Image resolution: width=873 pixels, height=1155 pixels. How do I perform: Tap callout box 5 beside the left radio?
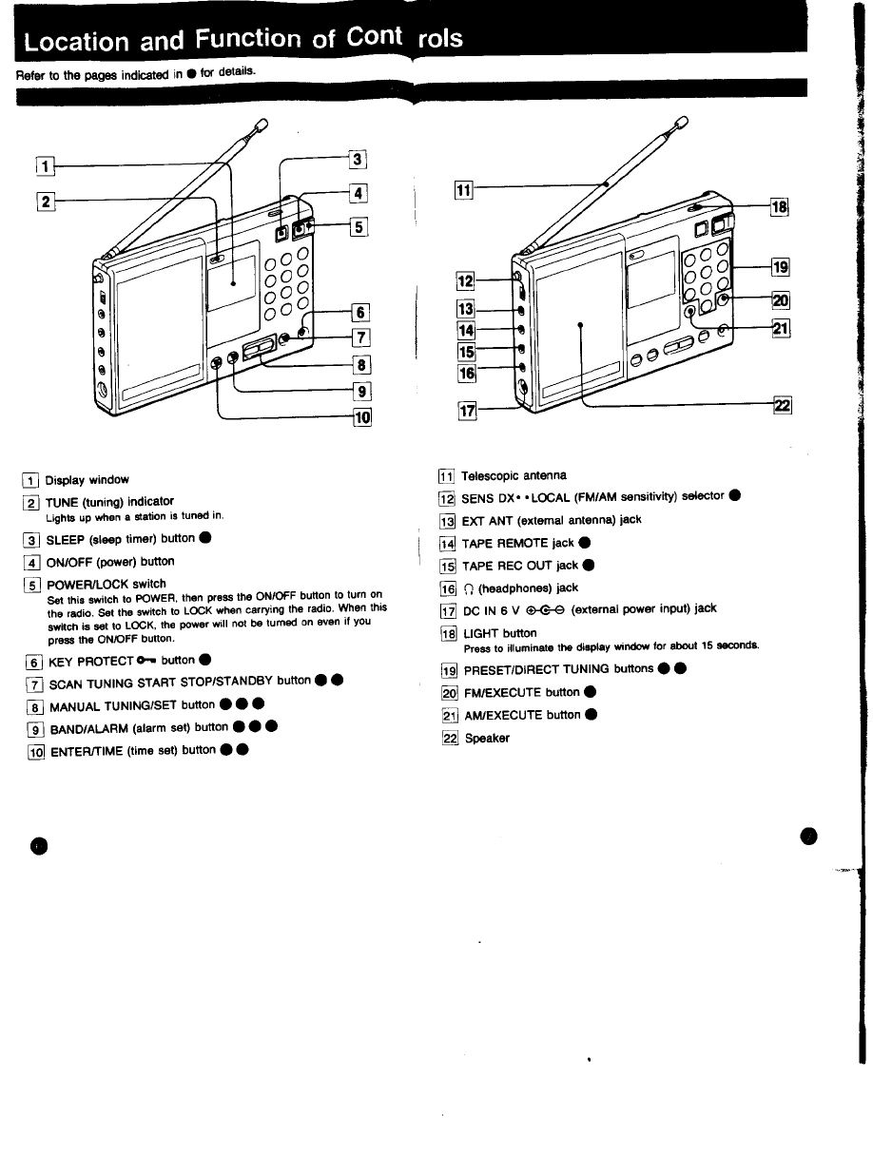tap(359, 226)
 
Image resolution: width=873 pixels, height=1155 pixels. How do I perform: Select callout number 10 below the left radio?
tap(362, 416)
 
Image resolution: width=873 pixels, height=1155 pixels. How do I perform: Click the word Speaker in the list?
tap(487, 738)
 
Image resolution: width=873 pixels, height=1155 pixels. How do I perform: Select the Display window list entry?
tap(87, 480)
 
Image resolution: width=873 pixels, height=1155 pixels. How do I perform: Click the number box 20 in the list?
tap(447, 692)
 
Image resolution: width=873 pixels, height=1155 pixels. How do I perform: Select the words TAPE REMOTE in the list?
tap(504, 543)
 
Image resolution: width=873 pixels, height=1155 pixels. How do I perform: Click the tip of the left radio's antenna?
tap(263, 121)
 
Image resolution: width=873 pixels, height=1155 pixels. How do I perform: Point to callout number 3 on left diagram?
tap(359, 160)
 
